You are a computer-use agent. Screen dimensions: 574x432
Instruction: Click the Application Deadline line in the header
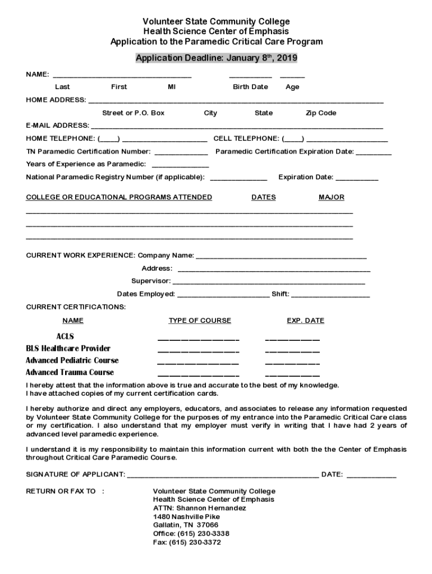click(217, 58)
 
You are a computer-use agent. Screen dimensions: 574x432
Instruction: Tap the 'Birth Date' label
click(250, 87)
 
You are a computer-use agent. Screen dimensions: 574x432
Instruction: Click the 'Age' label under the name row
click(292, 87)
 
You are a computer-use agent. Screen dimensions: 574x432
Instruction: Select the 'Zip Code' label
click(321, 113)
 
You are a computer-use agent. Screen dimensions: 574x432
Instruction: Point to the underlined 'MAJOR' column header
click(332, 197)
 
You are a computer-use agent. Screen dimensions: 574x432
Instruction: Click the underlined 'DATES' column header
click(264, 197)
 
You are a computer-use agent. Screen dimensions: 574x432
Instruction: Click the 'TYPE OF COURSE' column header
click(200, 321)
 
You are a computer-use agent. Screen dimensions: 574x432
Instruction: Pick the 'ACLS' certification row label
click(65, 336)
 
